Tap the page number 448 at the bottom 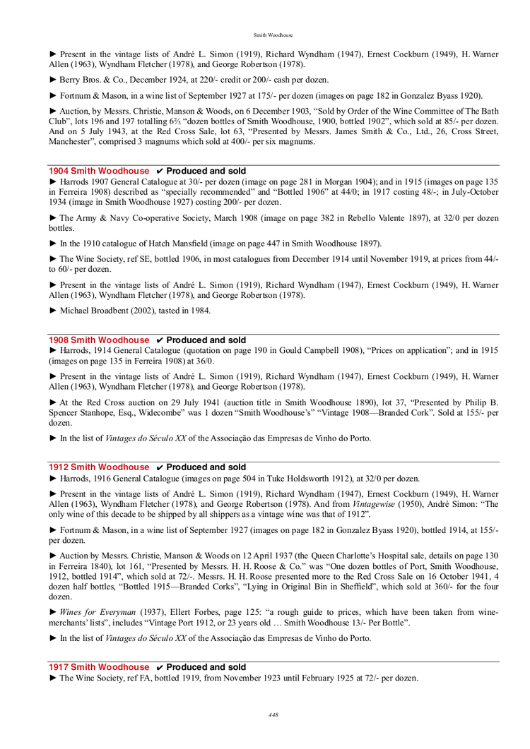pos(273,715)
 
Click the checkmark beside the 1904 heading pos(160,171)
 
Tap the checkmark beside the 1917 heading pos(160,667)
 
